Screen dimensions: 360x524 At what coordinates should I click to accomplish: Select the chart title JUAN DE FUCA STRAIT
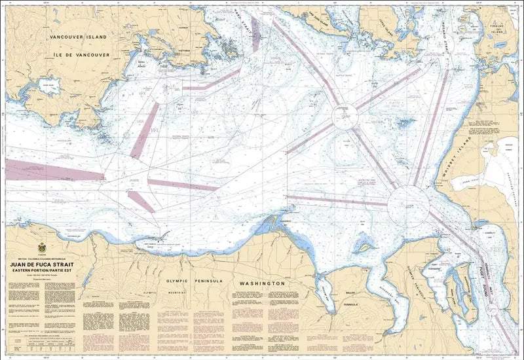[43, 266]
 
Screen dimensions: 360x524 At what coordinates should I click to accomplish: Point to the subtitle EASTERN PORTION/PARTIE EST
[43, 272]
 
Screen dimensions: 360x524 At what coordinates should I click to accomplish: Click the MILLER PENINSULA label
[350, 300]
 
